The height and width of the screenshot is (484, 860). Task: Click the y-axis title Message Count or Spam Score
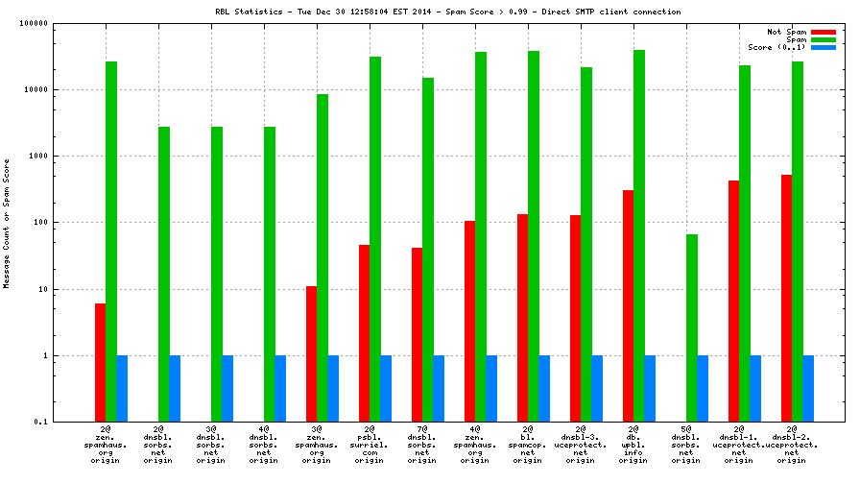tap(8, 223)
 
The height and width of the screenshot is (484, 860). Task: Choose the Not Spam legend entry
tap(786, 32)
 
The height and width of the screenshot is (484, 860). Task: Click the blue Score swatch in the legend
tap(823, 47)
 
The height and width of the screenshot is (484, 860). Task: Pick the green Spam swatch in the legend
tap(823, 39)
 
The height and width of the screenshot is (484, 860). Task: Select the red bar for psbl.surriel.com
tap(365, 333)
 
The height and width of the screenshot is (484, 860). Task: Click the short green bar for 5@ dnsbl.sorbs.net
tap(692, 327)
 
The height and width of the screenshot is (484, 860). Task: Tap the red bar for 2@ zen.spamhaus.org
tap(100, 362)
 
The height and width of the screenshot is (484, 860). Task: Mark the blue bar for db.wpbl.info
tap(650, 388)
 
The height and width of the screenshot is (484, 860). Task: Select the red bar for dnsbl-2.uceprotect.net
tap(787, 298)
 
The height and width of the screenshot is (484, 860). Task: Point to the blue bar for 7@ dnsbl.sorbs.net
tap(439, 388)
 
